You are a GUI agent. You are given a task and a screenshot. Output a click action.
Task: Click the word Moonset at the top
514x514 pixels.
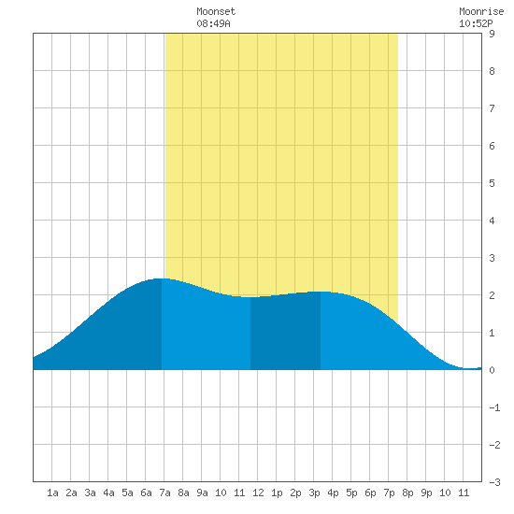216,11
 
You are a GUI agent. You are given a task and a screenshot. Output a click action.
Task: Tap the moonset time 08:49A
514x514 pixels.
213,23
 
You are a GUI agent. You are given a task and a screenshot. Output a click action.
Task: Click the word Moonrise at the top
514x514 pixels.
481,11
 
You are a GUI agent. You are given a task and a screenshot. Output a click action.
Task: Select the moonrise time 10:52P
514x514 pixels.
476,23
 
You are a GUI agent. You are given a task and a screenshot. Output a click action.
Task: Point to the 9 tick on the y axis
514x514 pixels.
492,34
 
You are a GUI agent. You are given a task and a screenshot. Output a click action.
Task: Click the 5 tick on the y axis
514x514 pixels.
492,183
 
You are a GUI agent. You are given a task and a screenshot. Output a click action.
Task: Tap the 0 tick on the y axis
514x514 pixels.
492,370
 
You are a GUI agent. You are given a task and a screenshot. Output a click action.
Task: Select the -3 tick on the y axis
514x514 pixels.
494,482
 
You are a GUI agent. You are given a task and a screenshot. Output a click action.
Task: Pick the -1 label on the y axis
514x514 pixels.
494,407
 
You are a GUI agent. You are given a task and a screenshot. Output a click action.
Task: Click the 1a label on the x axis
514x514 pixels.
52,493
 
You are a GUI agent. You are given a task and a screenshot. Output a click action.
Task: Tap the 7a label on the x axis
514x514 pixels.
164,493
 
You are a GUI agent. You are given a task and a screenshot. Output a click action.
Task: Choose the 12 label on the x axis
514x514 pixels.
258,493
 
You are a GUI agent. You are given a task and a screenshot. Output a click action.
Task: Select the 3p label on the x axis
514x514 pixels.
314,493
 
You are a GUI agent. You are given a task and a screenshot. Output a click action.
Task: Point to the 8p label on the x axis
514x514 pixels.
407,493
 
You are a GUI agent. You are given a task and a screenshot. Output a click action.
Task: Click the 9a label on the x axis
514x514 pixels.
202,493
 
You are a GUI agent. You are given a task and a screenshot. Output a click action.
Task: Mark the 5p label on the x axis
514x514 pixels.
351,493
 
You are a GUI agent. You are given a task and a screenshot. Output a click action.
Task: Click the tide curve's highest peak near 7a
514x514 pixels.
162,278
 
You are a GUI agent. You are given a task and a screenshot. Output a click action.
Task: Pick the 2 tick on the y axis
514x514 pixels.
492,295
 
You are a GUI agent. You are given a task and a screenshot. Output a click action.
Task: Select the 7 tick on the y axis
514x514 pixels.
492,108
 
